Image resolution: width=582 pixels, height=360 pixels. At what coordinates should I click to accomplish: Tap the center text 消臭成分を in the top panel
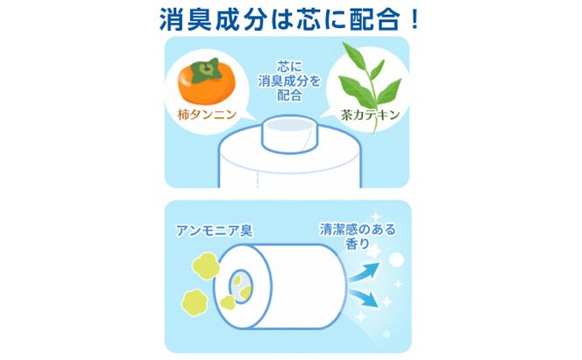point(290,81)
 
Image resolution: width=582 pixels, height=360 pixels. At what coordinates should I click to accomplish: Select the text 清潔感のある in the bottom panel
point(357,230)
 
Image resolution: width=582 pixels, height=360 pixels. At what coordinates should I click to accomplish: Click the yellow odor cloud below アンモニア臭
point(209,261)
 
